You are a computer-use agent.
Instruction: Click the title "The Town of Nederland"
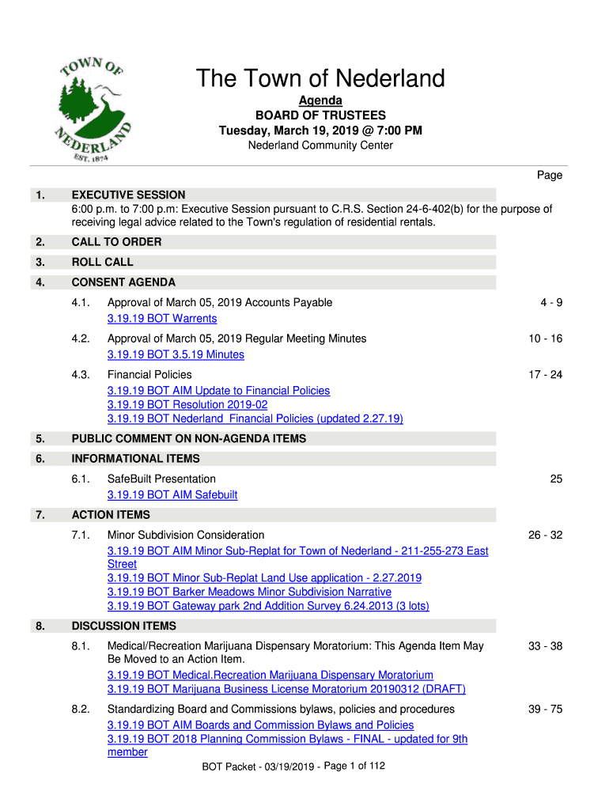(320, 79)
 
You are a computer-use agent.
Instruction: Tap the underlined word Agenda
(320, 101)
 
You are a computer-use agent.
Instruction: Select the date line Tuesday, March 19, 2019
(320, 131)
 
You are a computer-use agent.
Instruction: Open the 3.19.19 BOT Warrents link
(162, 319)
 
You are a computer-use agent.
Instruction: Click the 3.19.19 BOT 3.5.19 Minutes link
(176, 355)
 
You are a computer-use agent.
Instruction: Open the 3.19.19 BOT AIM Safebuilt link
(172, 495)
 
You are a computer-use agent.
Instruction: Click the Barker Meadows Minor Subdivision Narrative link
(249, 592)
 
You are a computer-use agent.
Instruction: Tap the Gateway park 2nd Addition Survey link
(268, 606)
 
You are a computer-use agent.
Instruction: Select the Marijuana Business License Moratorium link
(286, 689)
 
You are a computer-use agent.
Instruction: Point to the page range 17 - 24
(546, 375)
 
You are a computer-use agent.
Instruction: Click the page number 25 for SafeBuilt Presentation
(556, 479)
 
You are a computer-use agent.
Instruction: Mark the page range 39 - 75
(546, 710)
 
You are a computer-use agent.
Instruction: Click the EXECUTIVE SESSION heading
(129, 195)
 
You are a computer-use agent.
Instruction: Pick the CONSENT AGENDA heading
(123, 282)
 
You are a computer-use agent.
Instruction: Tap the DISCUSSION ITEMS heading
(124, 626)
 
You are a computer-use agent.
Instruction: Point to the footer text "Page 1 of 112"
(354, 766)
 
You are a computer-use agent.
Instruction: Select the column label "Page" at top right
(550, 175)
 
